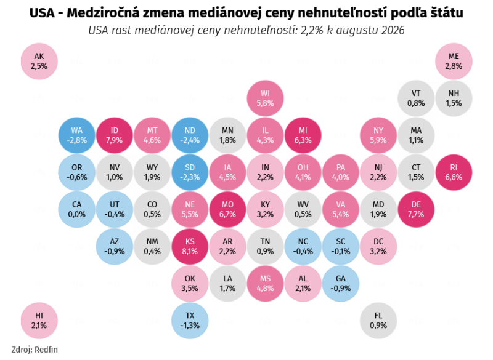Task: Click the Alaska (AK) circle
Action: [39, 61]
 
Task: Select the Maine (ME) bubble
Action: [454, 61]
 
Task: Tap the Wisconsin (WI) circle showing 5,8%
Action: [265, 98]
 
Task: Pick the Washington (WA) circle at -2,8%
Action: [76, 135]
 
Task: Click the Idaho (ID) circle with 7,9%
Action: [115, 135]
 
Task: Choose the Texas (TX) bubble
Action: [190, 321]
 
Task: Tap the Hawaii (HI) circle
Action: [39, 321]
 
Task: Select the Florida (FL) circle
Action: [378, 321]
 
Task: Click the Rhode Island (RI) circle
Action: [454, 172]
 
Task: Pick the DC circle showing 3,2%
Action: [378, 246]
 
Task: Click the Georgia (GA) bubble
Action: [341, 284]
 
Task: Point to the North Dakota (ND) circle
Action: [190, 135]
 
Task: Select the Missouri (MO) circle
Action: [227, 209]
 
